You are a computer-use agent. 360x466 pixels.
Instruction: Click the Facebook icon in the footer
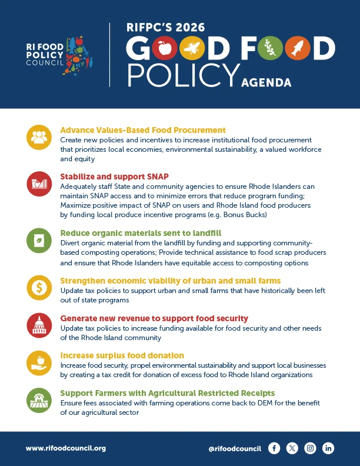pyautogui.click(x=274, y=448)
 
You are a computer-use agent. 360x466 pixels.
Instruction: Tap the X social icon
pyautogui.click(x=292, y=448)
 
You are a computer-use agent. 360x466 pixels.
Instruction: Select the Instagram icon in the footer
pyautogui.click(x=311, y=448)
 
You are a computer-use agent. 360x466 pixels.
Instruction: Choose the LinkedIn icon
pyautogui.click(x=328, y=448)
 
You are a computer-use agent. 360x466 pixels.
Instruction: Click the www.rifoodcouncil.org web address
pyautogui.click(x=66, y=448)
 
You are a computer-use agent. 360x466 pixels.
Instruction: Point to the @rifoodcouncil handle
pyautogui.click(x=235, y=448)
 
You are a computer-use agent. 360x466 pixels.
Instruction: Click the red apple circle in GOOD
pyautogui.click(x=165, y=49)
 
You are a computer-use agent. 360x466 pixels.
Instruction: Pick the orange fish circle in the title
pyautogui.click(x=298, y=49)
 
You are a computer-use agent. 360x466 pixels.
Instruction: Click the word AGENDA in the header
pyautogui.click(x=266, y=82)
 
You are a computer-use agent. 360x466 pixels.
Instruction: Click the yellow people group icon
pyautogui.click(x=39, y=137)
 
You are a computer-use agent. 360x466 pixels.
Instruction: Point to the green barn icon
pyautogui.click(x=39, y=400)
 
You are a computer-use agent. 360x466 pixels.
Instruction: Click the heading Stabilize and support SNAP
pyautogui.click(x=115, y=176)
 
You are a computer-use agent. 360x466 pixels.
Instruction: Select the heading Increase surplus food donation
pyautogui.click(x=122, y=355)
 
